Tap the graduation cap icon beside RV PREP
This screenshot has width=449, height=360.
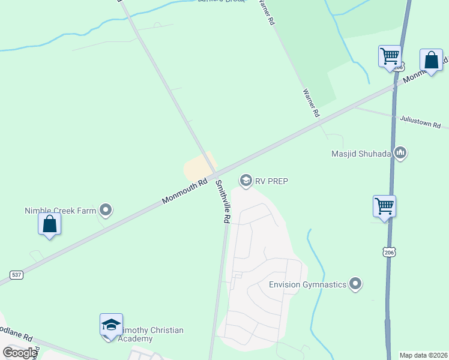tap(246, 180)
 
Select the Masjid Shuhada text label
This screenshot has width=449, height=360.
tap(361, 154)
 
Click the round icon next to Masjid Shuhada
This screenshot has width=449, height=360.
tap(400, 154)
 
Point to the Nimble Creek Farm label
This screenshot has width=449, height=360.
tap(61, 210)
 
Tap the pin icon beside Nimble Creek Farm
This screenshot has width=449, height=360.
tap(106, 210)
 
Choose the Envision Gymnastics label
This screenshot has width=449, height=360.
tap(307, 284)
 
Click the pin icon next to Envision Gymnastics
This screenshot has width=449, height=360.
tap(356, 284)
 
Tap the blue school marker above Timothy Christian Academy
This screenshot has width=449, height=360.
tap(111, 325)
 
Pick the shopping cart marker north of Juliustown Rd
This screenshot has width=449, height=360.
tap(390, 57)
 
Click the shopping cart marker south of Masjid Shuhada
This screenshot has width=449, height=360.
tap(384, 206)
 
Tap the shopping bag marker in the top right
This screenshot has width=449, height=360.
tap(431, 60)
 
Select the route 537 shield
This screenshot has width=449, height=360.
tap(16, 275)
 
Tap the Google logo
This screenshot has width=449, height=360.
tap(20, 353)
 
